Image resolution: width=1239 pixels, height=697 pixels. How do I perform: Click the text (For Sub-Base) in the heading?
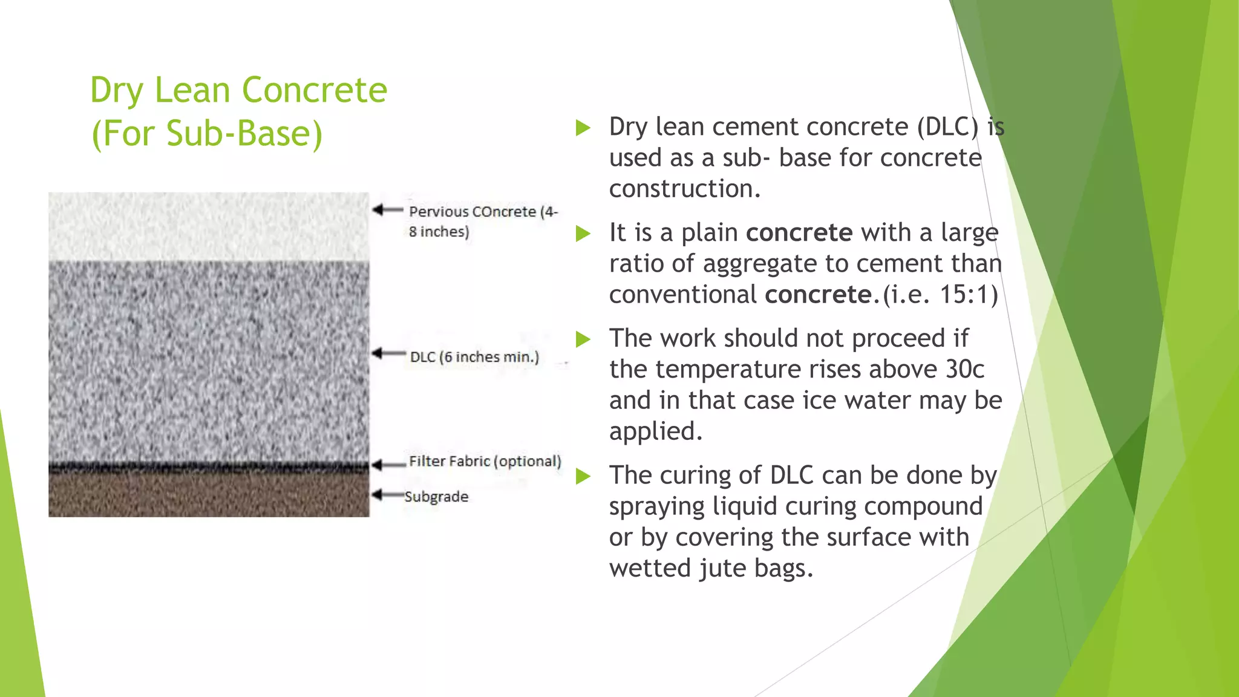pos(206,134)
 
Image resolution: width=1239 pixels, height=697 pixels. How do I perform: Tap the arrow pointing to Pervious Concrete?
pos(387,210)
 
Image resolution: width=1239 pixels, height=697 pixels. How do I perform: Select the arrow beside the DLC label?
pos(388,353)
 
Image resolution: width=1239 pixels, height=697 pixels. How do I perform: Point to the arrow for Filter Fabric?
pos(388,465)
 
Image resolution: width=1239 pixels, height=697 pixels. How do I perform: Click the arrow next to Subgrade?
pos(387,495)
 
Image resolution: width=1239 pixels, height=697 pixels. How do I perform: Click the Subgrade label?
pos(436,497)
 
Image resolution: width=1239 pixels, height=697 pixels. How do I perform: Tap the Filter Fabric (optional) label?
pos(485,461)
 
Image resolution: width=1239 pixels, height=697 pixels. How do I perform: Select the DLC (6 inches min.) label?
pos(474,357)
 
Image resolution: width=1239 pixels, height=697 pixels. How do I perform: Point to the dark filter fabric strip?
pos(208,466)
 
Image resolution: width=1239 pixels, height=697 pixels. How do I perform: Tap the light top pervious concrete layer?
pos(208,226)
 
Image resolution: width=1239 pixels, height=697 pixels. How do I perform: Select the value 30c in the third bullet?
pos(964,369)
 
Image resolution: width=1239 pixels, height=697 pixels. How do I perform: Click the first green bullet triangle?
pos(583,128)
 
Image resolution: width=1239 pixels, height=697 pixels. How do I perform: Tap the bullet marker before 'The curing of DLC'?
pos(583,476)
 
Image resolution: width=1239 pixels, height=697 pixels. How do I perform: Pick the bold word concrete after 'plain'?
pos(799,232)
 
